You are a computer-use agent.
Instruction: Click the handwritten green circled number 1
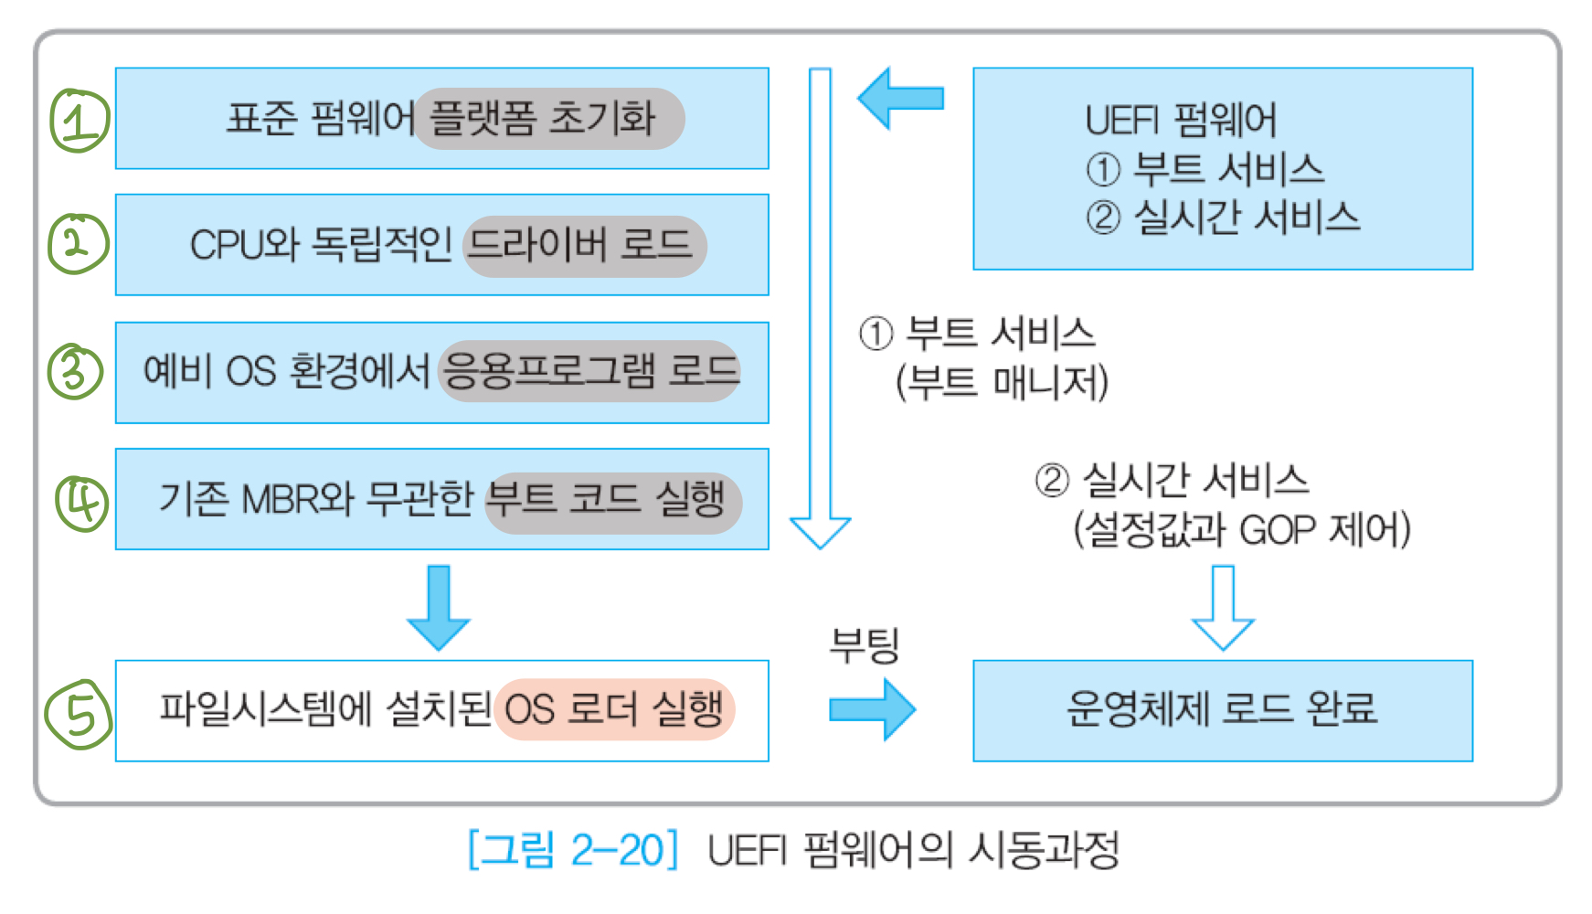pyautogui.click(x=79, y=121)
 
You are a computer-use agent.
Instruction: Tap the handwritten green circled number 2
pyautogui.click(x=78, y=244)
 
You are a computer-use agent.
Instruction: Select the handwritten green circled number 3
pyautogui.click(x=75, y=371)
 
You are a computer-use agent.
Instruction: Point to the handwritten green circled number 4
pyautogui.click(x=82, y=502)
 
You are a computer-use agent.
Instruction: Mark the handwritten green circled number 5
pyautogui.click(x=79, y=714)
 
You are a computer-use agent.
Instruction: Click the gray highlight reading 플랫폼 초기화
pyautogui.click(x=548, y=119)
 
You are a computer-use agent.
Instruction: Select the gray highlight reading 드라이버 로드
pyautogui.click(x=585, y=246)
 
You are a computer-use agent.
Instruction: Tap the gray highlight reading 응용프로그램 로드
pyautogui.click(x=589, y=371)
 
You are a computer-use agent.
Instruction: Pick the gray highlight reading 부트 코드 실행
pyautogui.click(x=612, y=502)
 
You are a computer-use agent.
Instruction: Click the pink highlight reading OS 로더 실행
pyautogui.click(x=614, y=709)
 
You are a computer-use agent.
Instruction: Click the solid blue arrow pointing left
pyautogui.click(x=900, y=98)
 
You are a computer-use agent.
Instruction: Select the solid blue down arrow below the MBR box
pyautogui.click(x=439, y=607)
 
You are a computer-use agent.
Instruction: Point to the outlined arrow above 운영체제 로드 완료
pyautogui.click(x=1223, y=607)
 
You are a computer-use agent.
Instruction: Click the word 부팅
pyautogui.click(x=864, y=645)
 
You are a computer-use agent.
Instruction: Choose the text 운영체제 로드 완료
pyautogui.click(x=1222, y=709)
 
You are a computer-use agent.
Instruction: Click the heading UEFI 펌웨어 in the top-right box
pyautogui.click(x=1181, y=120)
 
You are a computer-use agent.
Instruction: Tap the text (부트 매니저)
pyautogui.click(x=1002, y=382)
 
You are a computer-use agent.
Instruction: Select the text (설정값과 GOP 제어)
pyautogui.click(x=1241, y=530)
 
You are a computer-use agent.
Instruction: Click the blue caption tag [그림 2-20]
pyautogui.click(x=573, y=850)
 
